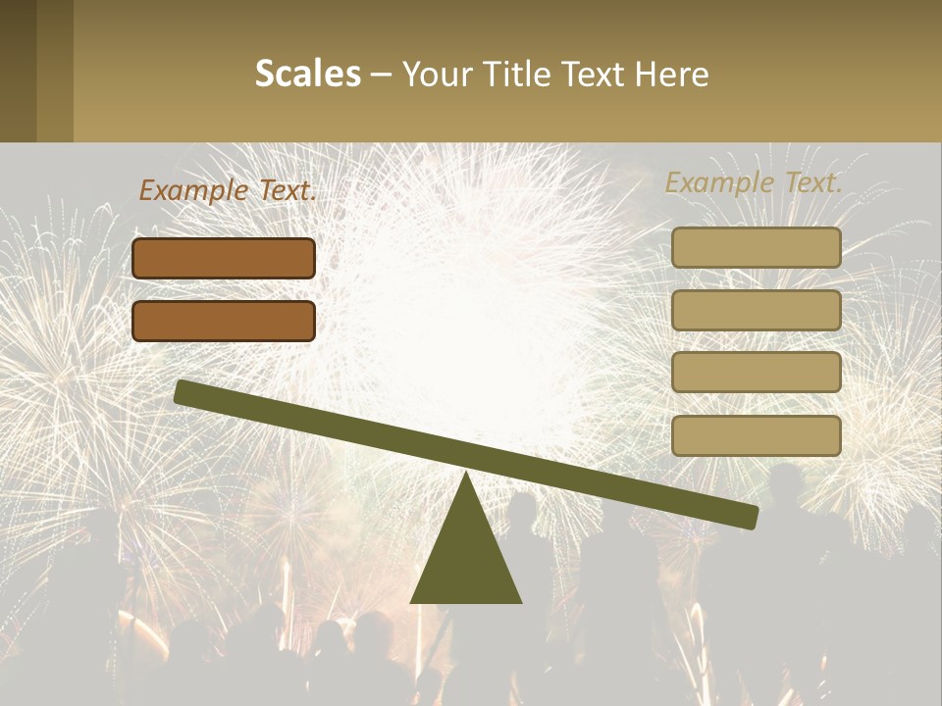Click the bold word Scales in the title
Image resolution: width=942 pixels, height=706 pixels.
pyautogui.click(x=307, y=74)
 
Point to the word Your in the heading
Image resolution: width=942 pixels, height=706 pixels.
pyautogui.click(x=437, y=74)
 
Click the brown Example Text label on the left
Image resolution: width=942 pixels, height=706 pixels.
pyautogui.click(x=228, y=190)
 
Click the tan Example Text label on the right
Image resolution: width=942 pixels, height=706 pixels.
pyautogui.click(x=754, y=182)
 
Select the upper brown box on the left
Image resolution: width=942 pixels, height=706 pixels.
pyautogui.click(x=224, y=259)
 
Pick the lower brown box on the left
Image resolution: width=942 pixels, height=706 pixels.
pyautogui.click(x=224, y=322)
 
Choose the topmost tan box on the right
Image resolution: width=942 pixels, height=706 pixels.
pyautogui.click(x=757, y=248)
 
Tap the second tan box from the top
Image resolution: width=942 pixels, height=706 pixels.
pyautogui.click(x=757, y=310)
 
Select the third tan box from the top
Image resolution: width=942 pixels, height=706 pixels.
pyautogui.click(x=757, y=373)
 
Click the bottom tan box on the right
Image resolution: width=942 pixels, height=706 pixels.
pyautogui.click(x=757, y=435)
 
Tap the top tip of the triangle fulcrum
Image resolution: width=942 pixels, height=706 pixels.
pyautogui.click(x=466, y=475)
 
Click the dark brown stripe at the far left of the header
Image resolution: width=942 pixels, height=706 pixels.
pyautogui.click(x=18, y=71)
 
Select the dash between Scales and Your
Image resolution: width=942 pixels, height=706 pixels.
pyautogui.click(x=381, y=75)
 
